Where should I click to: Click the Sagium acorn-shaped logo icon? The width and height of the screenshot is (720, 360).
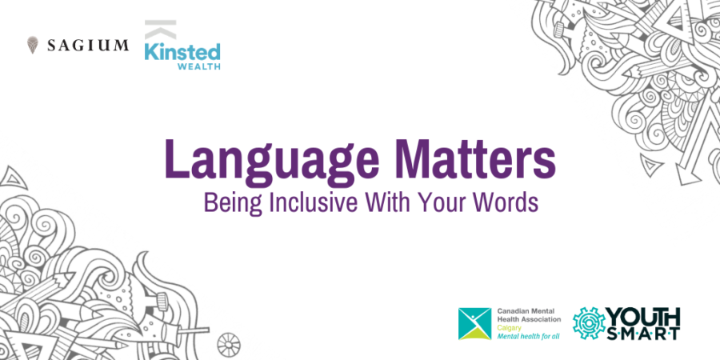[x=32, y=45]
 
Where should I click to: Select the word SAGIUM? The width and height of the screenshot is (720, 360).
[x=88, y=46]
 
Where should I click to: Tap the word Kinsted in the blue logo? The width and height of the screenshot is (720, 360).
[x=182, y=52]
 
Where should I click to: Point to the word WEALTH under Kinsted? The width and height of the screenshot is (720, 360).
[x=199, y=66]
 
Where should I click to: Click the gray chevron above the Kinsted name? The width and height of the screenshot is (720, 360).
[x=160, y=29]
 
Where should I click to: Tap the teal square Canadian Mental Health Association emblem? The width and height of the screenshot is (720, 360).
[x=474, y=324]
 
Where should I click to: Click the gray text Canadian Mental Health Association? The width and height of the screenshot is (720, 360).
[x=529, y=314]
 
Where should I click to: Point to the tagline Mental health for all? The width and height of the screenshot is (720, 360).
[x=528, y=336]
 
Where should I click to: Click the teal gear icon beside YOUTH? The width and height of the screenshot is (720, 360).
[x=589, y=323]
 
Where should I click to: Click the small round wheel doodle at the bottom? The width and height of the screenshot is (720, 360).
[x=229, y=344]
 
